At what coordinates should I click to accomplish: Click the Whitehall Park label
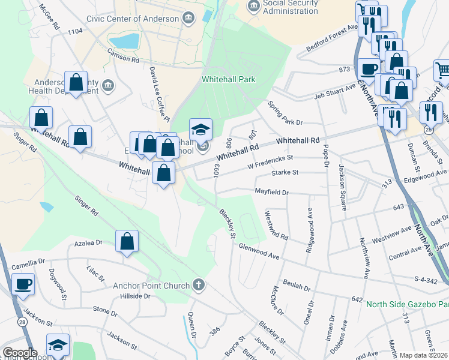[229, 79]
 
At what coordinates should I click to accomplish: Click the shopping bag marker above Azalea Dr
[127, 242]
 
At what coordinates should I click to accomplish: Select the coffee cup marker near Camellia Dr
[23, 284]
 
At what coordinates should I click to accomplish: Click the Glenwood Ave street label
[259, 251]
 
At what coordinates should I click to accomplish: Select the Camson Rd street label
[122, 58]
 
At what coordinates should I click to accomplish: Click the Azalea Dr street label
[88, 244]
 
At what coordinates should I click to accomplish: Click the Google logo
[20, 353]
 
